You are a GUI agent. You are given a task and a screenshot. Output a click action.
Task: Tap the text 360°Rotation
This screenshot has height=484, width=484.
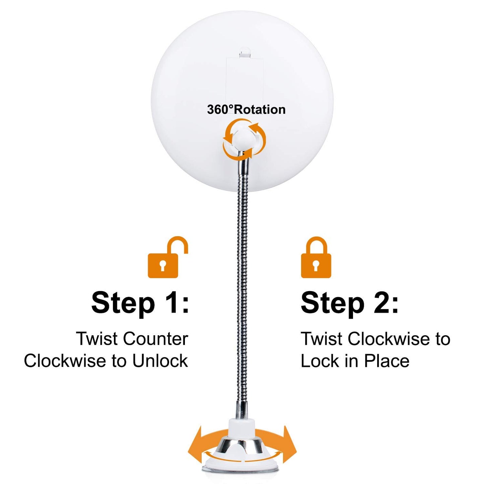(x=246, y=110)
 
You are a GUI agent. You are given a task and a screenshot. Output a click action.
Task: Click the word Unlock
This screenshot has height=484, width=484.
(x=160, y=361)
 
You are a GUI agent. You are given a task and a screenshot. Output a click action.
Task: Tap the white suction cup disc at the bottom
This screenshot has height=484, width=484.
(x=241, y=467)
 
